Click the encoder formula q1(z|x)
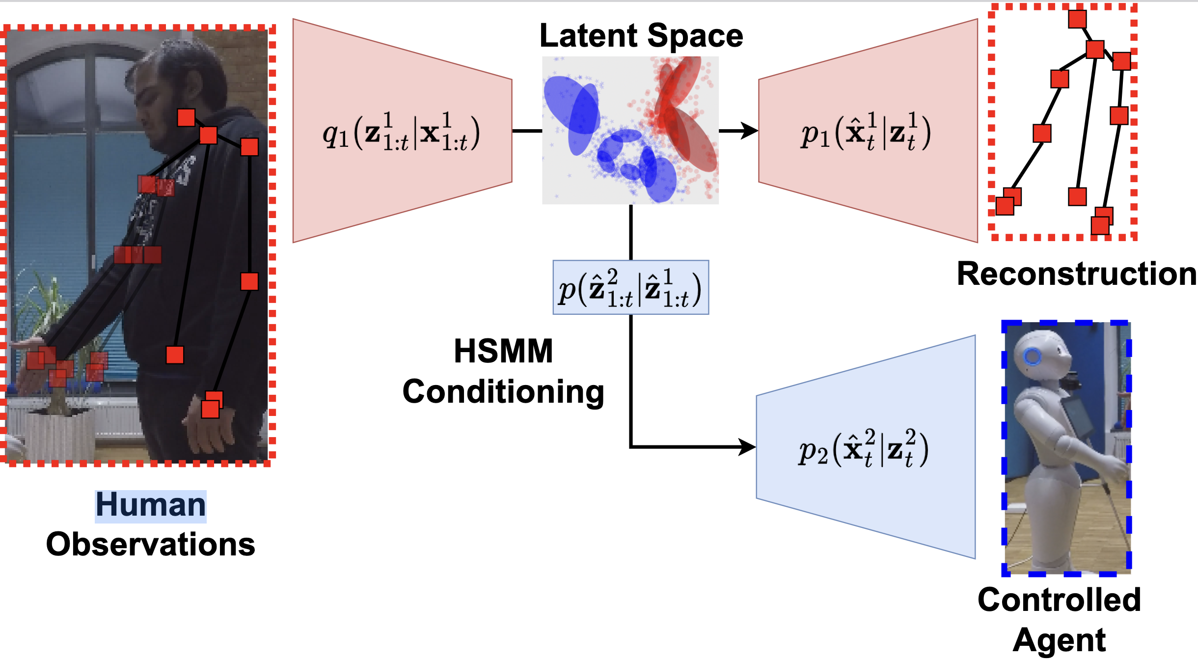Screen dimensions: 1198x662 pyautogui.click(x=401, y=132)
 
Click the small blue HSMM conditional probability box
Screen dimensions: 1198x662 pyautogui.click(x=631, y=287)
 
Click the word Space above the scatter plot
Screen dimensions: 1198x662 pyautogui.click(x=695, y=37)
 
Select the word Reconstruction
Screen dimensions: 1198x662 pyautogui.click(x=1077, y=274)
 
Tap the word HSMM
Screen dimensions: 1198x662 pyautogui.click(x=503, y=351)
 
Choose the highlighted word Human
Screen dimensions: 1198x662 pyautogui.click(x=151, y=505)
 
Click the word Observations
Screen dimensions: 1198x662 pyautogui.click(x=151, y=545)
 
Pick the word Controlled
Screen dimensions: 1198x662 pyautogui.click(x=1059, y=600)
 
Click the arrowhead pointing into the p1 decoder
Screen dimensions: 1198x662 pyautogui.click(x=749, y=131)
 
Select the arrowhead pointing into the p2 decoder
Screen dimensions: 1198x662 pyautogui.click(x=747, y=447)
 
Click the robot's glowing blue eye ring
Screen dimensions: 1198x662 pyautogui.click(x=1033, y=357)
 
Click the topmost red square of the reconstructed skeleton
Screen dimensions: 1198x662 pyautogui.click(x=1077, y=19)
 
